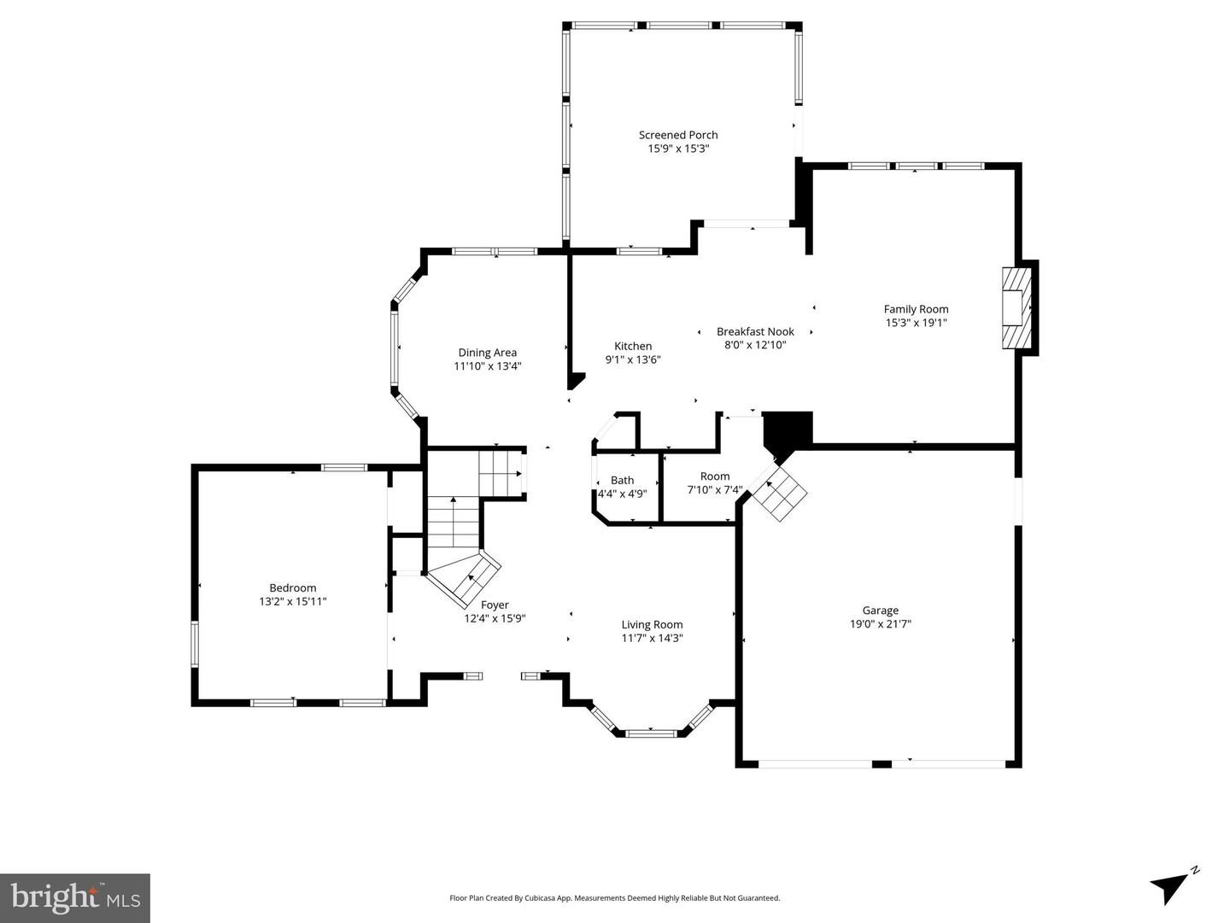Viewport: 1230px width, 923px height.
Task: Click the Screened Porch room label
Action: coord(678,135)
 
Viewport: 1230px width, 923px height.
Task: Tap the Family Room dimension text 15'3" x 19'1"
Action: coord(916,323)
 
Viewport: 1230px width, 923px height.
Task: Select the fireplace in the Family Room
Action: coord(1016,308)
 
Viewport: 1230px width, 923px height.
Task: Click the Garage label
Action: coord(880,610)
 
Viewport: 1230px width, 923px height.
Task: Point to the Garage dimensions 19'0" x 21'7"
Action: coord(880,624)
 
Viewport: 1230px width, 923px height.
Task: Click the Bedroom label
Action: coord(293,587)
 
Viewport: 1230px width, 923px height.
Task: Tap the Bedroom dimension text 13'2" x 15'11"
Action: coord(293,601)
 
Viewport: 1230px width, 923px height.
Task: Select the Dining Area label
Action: coord(487,353)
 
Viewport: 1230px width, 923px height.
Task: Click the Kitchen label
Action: coord(633,346)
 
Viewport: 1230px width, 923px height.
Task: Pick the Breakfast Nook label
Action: coord(755,331)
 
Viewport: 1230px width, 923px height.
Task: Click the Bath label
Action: coord(622,481)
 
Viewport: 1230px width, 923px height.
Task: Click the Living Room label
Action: coord(652,624)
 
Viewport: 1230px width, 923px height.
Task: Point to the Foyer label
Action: coord(495,605)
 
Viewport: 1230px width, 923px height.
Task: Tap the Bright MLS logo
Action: coord(75,897)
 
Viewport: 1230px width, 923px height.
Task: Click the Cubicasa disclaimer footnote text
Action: coord(615,898)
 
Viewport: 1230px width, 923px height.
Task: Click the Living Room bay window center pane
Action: coord(652,733)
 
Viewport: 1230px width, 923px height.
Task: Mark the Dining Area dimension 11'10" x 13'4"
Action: coord(487,366)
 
